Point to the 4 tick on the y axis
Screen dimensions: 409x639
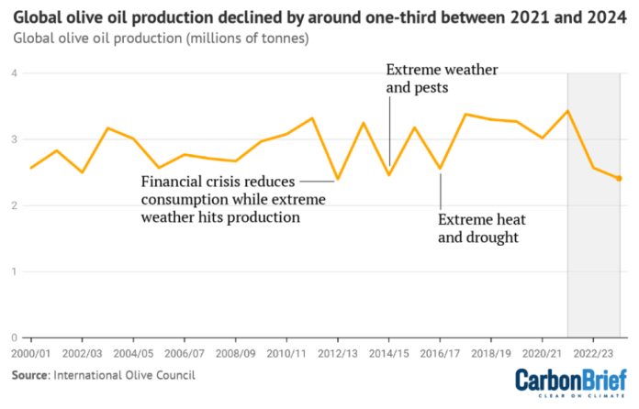16,73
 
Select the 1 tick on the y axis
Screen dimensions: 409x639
16,271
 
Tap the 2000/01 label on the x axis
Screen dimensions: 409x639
31,352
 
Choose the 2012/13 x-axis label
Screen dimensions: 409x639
338,352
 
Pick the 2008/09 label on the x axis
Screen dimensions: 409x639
236,352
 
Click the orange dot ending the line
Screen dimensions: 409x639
619,179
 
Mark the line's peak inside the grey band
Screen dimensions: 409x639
568,111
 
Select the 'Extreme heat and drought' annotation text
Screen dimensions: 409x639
478,229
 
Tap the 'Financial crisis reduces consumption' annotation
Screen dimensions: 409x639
233,198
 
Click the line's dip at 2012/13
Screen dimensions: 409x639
338,179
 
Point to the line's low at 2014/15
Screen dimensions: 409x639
389,174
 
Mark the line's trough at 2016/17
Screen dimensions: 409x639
441,170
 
